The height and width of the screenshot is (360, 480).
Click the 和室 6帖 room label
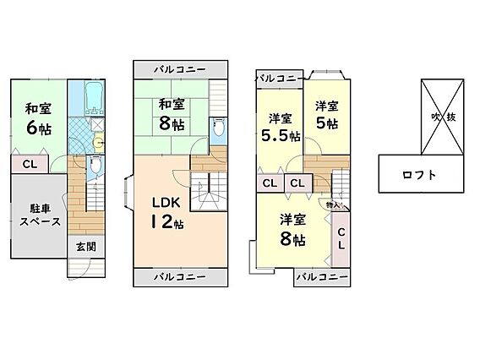pos(39,119)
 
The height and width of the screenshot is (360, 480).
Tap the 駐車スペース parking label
pos(40,215)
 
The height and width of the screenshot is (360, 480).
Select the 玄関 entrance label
pos(86,247)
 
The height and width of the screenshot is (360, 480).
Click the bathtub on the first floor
pos(95,98)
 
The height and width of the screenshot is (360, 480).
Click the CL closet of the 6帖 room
pos(30,165)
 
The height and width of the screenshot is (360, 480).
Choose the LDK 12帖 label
pos(166,213)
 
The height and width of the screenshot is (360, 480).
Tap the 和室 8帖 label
pos(172,115)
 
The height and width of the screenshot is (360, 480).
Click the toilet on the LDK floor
pos(218,128)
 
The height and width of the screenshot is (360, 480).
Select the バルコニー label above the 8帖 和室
pos(180,69)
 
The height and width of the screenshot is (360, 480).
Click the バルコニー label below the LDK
pos(180,277)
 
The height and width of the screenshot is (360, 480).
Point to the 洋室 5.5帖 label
pos(281,128)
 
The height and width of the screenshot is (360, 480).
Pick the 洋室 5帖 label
pos(327,115)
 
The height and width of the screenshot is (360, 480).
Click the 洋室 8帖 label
pos(292,230)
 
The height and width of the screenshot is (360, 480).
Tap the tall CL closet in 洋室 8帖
pos(341,239)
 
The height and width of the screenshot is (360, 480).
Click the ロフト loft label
pos(419,175)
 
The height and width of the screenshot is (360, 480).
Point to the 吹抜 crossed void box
pos(443,117)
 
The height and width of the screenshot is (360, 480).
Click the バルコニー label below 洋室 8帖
pos(322,277)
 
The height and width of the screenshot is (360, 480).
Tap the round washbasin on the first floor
pos(98,143)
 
